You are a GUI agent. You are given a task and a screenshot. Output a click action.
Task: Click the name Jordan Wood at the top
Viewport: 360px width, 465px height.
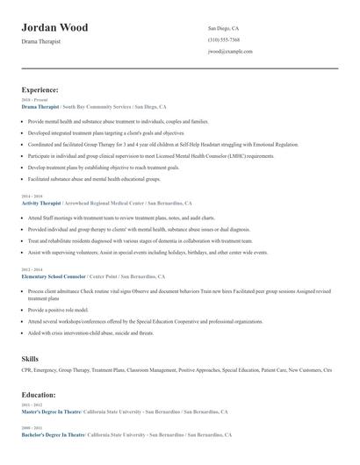coord(54,27)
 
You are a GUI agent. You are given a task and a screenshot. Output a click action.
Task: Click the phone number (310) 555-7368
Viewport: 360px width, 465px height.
coord(224,39)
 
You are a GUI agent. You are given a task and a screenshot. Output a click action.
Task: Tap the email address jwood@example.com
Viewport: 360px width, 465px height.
coord(231,52)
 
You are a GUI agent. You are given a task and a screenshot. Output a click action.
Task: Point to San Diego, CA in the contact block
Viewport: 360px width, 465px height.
coord(223,28)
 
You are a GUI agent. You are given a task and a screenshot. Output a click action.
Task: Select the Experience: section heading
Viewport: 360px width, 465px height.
coord(40,89)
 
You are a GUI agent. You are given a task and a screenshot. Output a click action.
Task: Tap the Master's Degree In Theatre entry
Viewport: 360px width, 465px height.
coord(53,411)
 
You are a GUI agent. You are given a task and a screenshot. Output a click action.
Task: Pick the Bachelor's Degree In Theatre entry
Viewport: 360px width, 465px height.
coord(54,434)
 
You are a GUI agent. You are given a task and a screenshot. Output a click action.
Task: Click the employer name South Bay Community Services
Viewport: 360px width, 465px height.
coord(101,106)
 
